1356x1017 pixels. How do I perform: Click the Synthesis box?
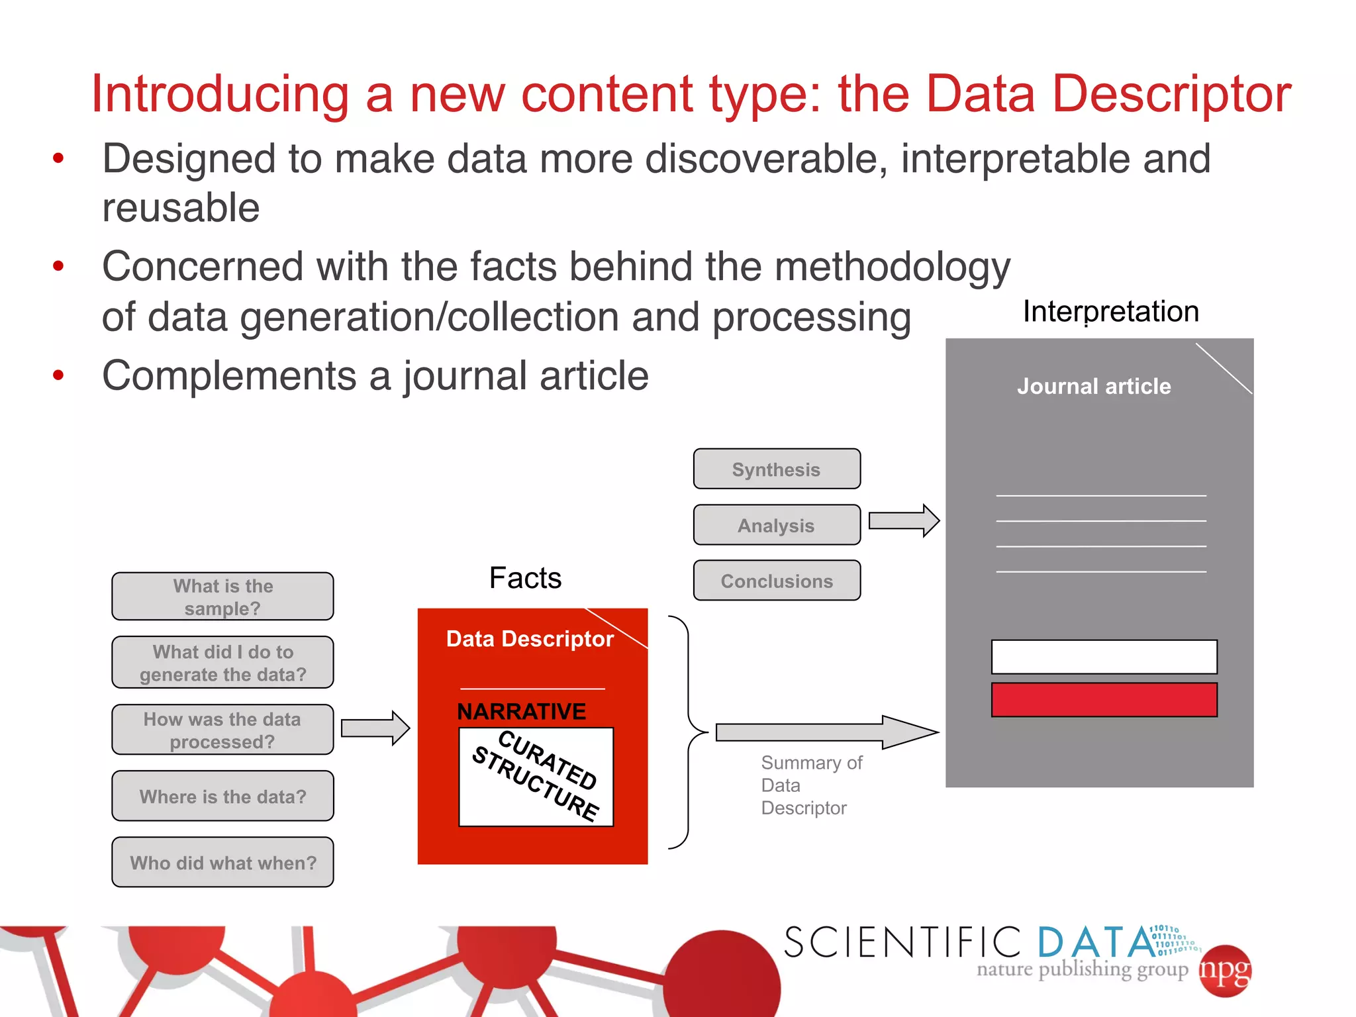777,469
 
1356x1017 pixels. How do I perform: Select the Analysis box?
777,525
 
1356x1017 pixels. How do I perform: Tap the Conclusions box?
777,581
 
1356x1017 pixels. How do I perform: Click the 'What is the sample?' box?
222,597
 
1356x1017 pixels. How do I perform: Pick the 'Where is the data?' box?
222,796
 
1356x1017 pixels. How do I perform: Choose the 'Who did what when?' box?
222,862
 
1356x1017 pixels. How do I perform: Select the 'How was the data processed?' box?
222,730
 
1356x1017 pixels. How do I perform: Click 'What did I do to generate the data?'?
222,663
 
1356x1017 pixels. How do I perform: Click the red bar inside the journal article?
1104,700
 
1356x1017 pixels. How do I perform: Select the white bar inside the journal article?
1104,657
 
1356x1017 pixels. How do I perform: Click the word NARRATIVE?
521,711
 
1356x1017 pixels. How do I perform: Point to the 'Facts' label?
525,578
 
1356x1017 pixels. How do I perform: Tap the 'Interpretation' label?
1110,311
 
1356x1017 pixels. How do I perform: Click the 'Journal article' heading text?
1094,386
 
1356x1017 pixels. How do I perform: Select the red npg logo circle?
1225,971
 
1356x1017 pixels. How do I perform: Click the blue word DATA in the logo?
1096,942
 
